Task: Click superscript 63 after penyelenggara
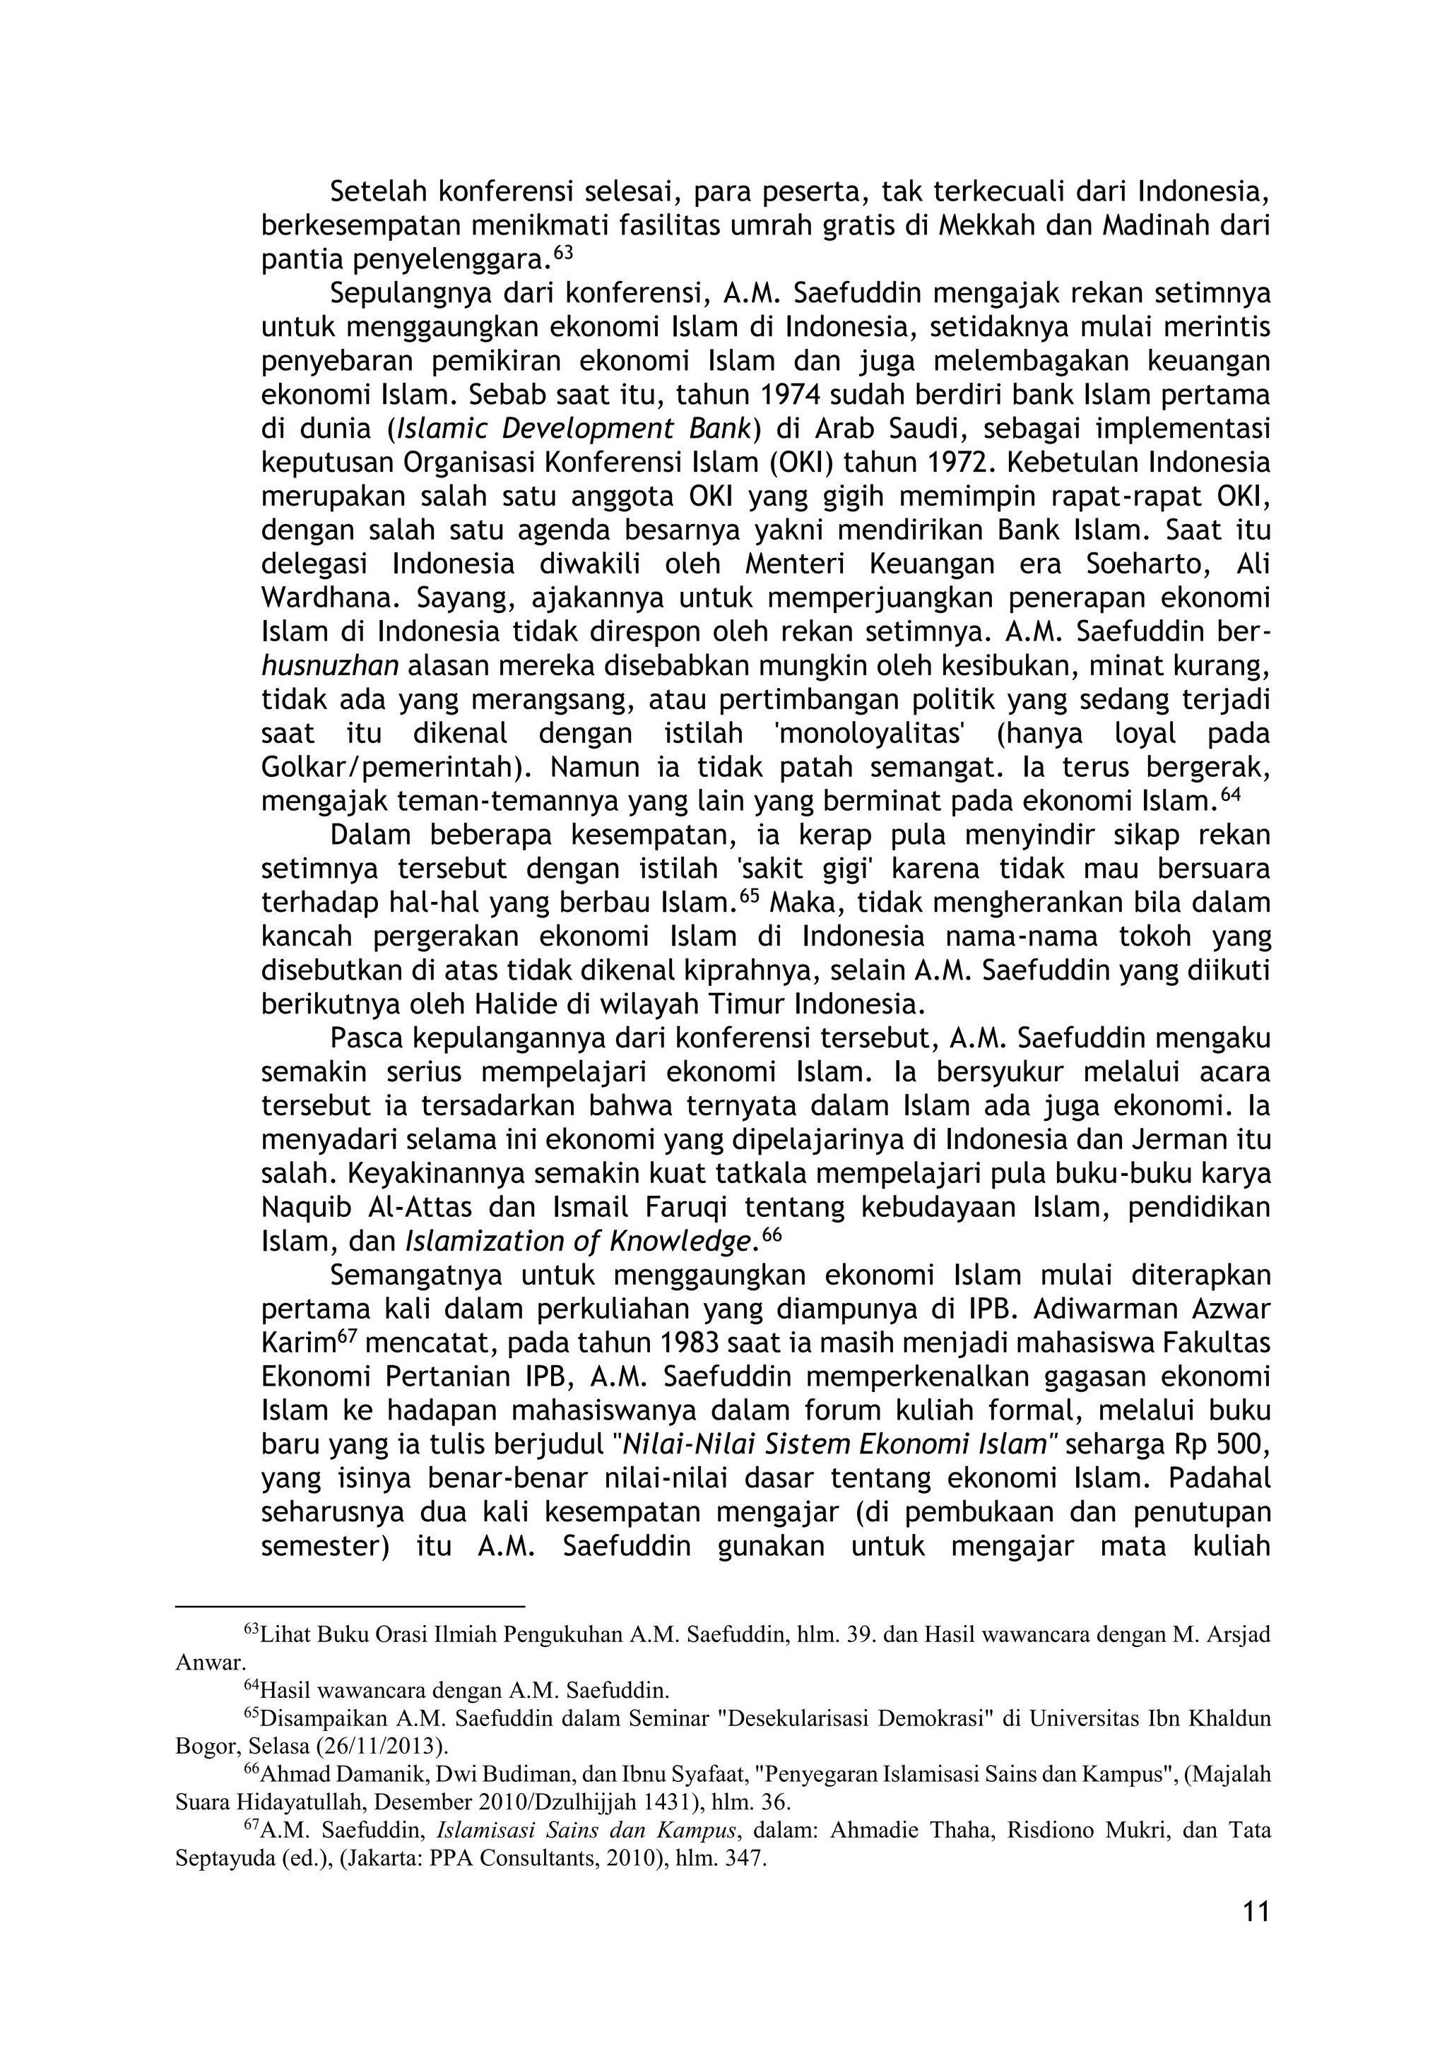[x=562, y=253]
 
